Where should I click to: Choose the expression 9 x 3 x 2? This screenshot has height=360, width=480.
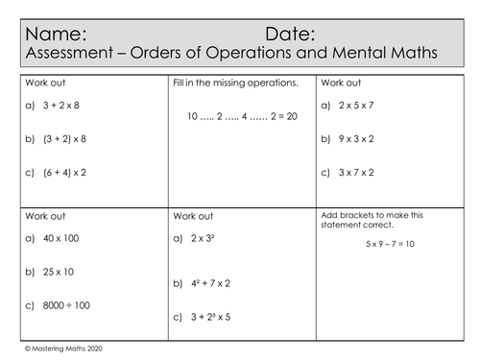357,138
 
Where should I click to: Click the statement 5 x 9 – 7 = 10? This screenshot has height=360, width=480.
376,244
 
